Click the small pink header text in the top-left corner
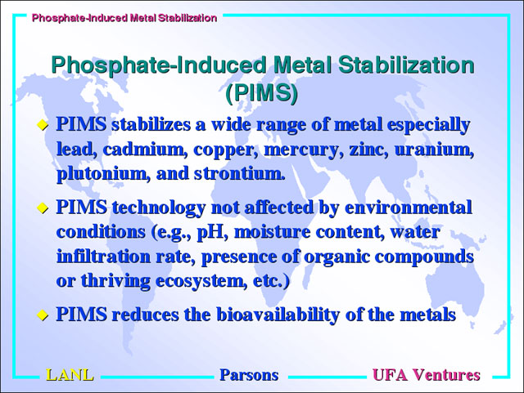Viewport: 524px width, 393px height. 124,18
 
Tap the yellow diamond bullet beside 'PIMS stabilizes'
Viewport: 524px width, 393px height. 43,125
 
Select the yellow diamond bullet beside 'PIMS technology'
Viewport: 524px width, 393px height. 43,208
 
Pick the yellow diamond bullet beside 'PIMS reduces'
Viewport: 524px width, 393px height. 43,315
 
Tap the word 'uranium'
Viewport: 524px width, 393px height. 434,150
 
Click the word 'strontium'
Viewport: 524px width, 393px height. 239,173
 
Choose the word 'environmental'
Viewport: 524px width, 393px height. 409,208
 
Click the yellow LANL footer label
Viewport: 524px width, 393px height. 70,375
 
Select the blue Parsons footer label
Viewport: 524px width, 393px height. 249,375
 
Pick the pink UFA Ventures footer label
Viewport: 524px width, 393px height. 427,375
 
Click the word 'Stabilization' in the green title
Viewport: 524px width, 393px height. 406,65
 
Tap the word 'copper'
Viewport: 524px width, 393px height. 226,150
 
